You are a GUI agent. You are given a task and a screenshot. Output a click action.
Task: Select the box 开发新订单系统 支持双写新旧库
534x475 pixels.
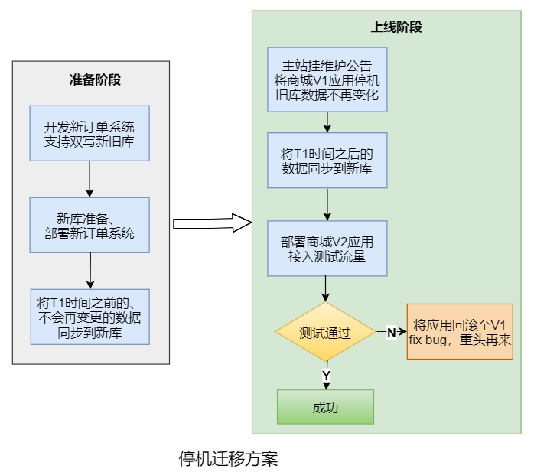click(x=90, y=133)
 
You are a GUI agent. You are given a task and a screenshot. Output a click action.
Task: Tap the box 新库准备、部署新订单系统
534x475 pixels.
click(x=90, y=225)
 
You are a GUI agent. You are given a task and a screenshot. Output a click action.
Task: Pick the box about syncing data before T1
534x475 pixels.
click(x=90, y=316)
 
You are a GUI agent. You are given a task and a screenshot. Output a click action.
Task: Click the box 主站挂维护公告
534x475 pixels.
click(x=327, y=80)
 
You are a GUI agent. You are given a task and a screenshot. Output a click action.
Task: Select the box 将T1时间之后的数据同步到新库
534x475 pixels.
click(x=327, y=160)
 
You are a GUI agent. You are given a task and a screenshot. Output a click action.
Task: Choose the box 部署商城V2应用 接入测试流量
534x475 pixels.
click(x=327, y=249)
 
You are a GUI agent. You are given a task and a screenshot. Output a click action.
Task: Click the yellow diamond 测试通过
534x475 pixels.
click(x=325, y=333)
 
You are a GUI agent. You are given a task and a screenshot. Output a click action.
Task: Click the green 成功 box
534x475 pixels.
click(x=325, y=407)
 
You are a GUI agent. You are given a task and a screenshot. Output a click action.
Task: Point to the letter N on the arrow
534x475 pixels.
click(x=391, y=333)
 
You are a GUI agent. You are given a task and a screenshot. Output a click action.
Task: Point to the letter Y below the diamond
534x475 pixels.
click(x=326, y=376)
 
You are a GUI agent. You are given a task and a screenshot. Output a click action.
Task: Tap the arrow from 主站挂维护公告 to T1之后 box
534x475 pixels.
click(x=327, y=122)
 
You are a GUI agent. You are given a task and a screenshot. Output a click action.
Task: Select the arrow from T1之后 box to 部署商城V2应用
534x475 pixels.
click(x=327, y=204)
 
